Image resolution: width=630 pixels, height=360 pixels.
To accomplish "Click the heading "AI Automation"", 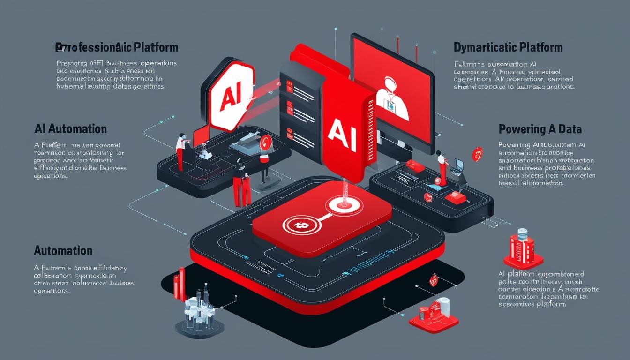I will coord(70,129).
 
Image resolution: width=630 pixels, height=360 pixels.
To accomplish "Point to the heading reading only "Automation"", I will coord(63,250).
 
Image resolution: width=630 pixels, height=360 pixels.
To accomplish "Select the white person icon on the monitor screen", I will coord(393,94).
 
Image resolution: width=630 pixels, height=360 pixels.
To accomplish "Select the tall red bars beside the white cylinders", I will coord(179,284).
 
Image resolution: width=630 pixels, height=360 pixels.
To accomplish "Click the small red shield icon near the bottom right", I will coord(433,280).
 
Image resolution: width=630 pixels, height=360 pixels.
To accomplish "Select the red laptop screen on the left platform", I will coord(201,135).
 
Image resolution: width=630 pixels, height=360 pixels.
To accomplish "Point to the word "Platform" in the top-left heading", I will coord(156,47).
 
